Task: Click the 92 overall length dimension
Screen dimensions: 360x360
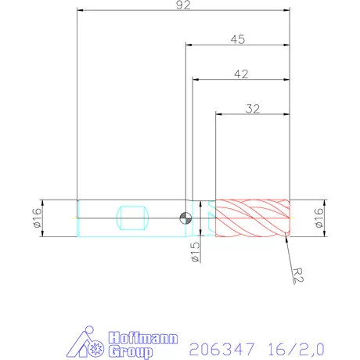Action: click(184, 5)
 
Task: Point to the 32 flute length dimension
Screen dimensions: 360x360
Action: click(252, 109)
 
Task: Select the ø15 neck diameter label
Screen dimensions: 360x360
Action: click(195, 252)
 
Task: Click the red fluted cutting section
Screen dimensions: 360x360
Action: click(252, 217)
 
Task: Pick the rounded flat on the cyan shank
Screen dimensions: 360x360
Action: click(131, 217)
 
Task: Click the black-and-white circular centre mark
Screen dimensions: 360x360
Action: click(185, 218)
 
